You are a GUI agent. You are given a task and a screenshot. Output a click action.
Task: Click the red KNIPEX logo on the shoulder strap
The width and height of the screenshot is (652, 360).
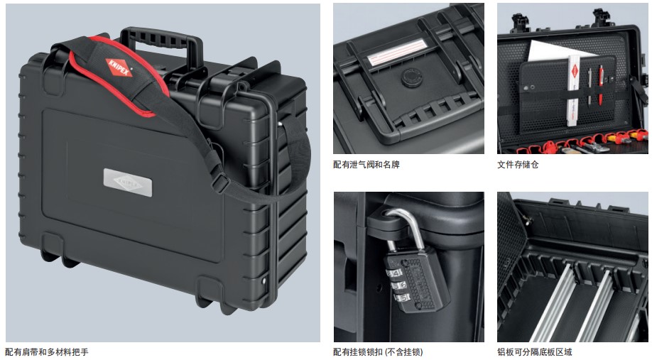point(119,67)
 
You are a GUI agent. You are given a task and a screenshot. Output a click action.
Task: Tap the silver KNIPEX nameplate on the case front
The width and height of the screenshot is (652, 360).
point(128,182)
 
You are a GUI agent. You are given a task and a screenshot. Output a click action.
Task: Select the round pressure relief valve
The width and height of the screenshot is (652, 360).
point(412,77)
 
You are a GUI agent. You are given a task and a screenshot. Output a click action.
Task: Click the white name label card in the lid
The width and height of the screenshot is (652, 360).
point(398,53)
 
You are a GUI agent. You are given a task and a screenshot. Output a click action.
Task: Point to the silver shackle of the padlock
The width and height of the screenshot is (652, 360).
point(406,229)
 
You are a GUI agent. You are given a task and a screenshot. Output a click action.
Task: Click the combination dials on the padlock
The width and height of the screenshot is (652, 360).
point(397,285)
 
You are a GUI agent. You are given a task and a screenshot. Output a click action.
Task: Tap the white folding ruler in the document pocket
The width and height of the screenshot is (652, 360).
point(573,90)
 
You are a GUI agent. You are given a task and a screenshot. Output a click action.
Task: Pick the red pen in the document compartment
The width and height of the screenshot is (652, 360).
point(600,84)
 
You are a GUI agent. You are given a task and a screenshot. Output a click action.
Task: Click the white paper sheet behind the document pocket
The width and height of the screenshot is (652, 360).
point(558,50)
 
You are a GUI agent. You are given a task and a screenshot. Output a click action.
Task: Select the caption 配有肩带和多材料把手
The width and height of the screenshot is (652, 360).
point(47,352)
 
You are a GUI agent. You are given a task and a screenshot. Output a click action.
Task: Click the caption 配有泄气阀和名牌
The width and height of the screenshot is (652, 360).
point(366,165)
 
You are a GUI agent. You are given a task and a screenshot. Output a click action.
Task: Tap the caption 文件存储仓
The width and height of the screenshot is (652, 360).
point(518,165)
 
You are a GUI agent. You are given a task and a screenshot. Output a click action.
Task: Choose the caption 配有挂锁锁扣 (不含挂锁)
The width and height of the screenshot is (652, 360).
point(378,352)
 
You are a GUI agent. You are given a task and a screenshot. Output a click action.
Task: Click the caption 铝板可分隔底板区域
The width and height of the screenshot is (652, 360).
point(535,352)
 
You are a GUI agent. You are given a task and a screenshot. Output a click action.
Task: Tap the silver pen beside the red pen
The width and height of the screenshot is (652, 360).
point(589,86)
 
